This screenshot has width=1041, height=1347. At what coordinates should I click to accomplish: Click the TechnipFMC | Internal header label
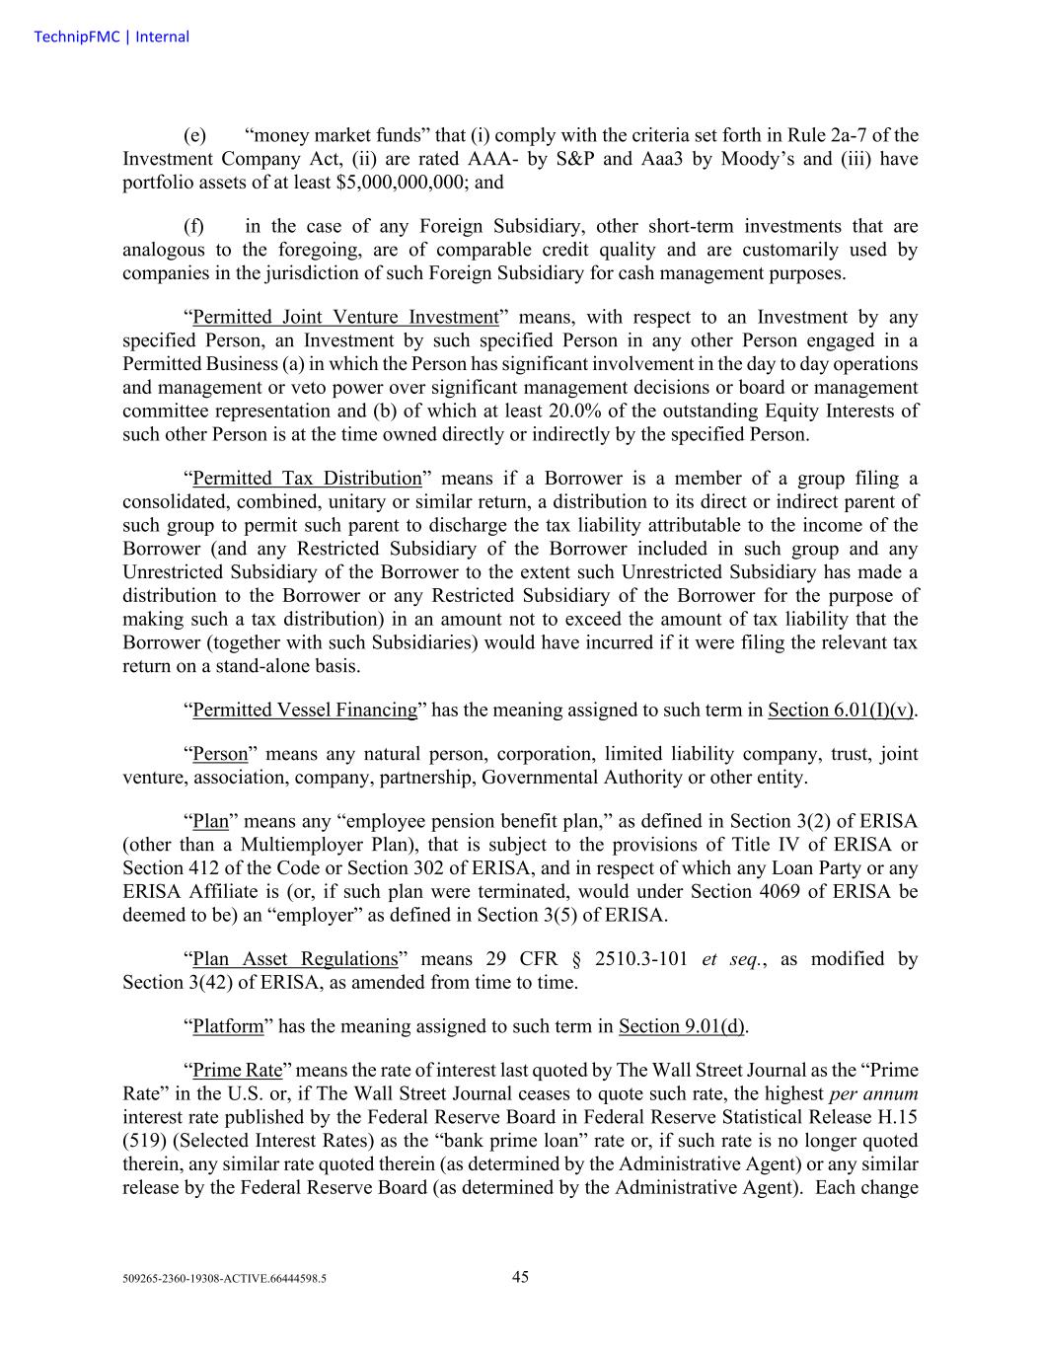pyautogui.click(x=112, y=37)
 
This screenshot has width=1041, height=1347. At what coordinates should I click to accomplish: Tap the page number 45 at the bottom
pyautogui.click(x=520, y=1277)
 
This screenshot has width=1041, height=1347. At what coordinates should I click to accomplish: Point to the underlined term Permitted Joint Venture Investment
pyautogui.click(x=345, y=317)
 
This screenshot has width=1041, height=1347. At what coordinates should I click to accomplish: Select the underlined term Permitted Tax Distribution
pyautogui.click(x=307, y=479)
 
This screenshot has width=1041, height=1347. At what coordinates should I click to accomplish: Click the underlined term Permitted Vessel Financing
pyautogui.click(x=305, y=710)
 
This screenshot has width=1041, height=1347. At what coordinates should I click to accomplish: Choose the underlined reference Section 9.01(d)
pyautogui.click(x=681, y=1026)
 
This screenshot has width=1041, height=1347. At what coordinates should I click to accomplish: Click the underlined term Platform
pyautogui.click(x=228, y=1026)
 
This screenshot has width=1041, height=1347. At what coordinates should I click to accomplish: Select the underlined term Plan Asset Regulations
pyautogui.click(x=294, y=959)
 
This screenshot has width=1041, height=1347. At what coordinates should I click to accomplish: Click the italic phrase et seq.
pyautogui.click(x=729, y=959)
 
